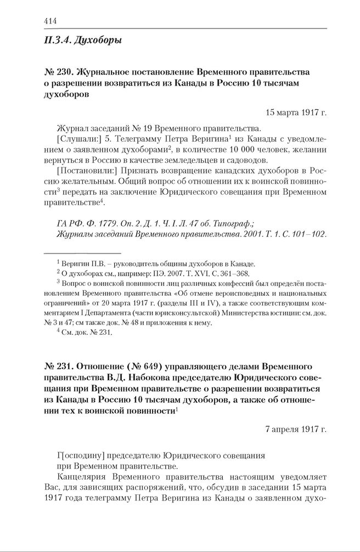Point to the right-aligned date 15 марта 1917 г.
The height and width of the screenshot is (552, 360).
pyautogui.click(x=296, y=112)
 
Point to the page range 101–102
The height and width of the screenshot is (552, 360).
pyautogui.click(x=310, y=234)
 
